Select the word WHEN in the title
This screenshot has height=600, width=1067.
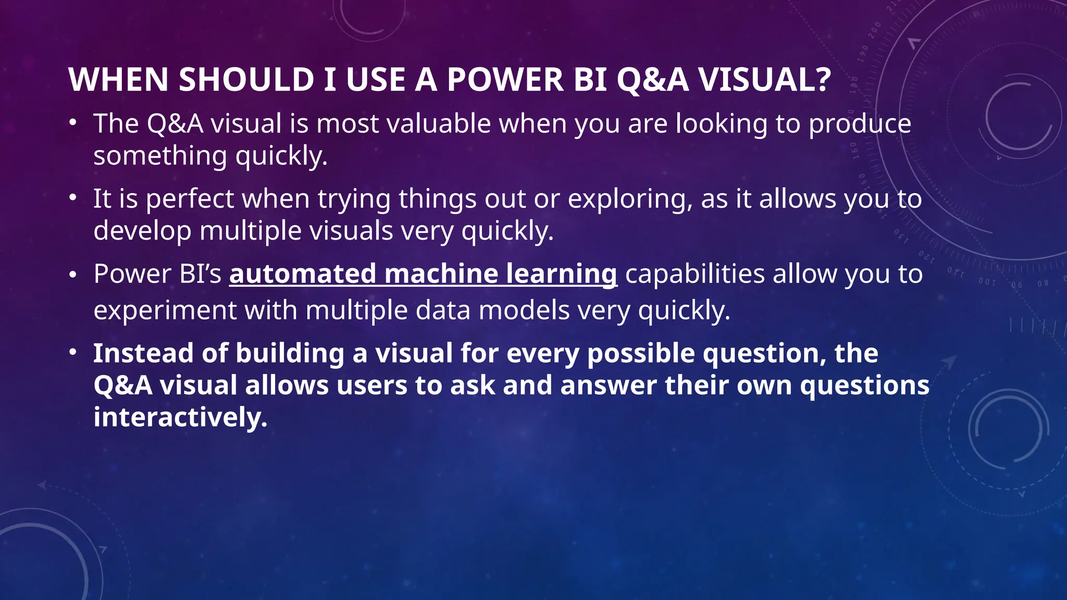[118, 80]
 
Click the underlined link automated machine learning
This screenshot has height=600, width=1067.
[423, 274]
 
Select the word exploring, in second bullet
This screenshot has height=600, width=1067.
[630, 199]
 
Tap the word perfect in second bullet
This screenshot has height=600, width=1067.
[190, 199]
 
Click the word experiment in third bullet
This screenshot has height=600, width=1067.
[165, 311]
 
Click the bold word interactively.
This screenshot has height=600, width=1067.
[180, 417]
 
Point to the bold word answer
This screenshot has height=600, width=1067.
[608, 386]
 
